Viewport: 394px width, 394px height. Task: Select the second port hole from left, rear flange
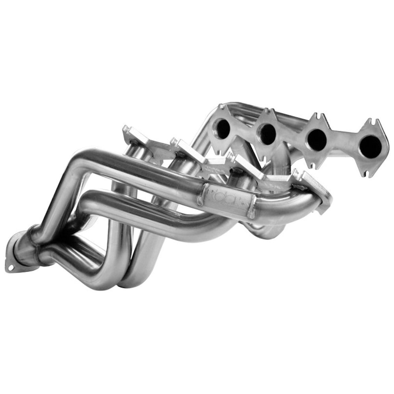(268, 134)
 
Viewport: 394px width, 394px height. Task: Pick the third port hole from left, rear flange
(316, 139)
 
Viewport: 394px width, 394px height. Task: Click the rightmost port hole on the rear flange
(370, 146)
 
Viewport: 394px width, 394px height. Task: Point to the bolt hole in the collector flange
(11, 268)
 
